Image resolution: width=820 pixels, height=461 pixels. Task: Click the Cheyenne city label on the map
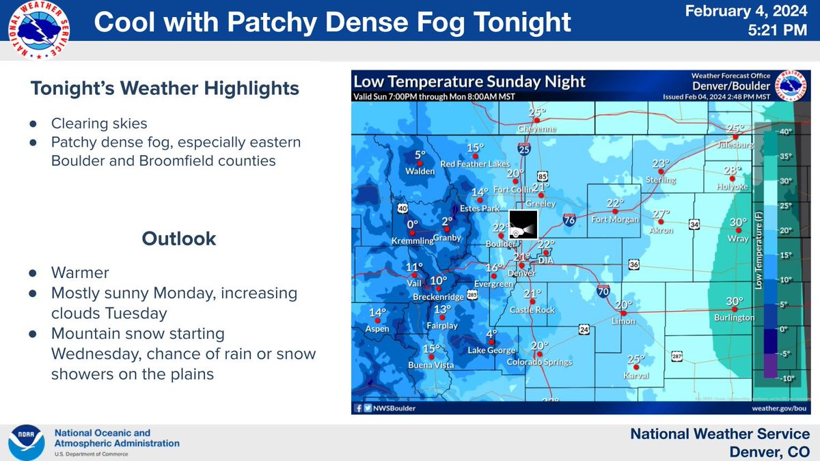click(x=537, y=128)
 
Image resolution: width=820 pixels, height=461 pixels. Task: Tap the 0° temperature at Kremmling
click(x=411, y=224)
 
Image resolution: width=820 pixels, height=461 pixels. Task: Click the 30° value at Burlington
click(x=735, y=301)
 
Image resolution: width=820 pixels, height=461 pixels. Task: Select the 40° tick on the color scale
click(x=785, y=131)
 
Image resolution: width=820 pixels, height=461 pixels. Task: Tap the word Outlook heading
click(x=179, y=238)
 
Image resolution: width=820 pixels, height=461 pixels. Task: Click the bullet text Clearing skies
click(x=99, y=125)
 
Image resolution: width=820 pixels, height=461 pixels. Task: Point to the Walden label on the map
click(x=420, y=171)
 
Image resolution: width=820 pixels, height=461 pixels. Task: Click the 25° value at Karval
click(x=636, y=359)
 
